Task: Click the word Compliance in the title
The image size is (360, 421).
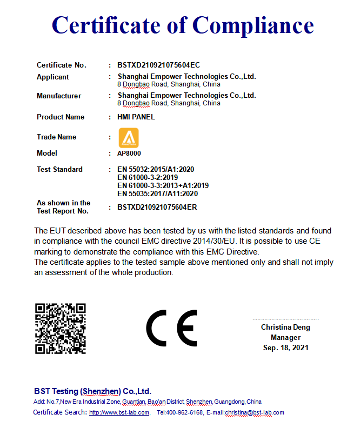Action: (253, 25)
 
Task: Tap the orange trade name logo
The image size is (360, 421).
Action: (130, 137)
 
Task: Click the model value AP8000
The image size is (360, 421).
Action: (129, 153)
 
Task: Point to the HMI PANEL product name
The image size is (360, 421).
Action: (136, 117)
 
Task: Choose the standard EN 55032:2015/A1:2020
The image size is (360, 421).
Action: (156, 169)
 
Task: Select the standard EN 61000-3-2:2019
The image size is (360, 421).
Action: (148, 177)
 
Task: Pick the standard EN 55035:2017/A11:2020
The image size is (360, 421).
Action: (157, 193)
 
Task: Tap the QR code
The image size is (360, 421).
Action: (61, 329)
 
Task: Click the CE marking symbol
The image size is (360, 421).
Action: (172, 329)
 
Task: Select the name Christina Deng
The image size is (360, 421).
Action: (285, 327)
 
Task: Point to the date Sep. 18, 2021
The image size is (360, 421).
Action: (285, 348)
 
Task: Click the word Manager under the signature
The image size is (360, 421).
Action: (285, 337)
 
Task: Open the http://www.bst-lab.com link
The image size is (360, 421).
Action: (119, 412)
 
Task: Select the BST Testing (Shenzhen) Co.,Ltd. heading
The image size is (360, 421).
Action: (92, 391)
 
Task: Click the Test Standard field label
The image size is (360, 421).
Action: (59, 169)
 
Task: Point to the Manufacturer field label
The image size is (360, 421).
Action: (59, 96)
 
